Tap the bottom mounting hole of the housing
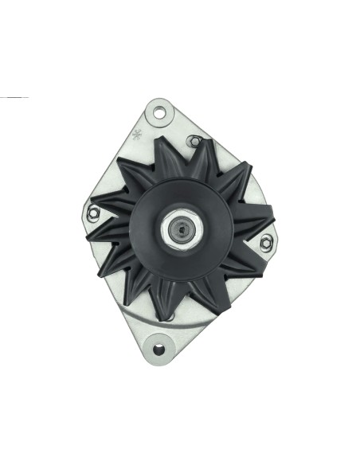160,348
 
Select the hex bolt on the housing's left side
93,212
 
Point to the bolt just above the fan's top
192,142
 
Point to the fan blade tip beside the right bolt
271,215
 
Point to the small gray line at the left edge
14,97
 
